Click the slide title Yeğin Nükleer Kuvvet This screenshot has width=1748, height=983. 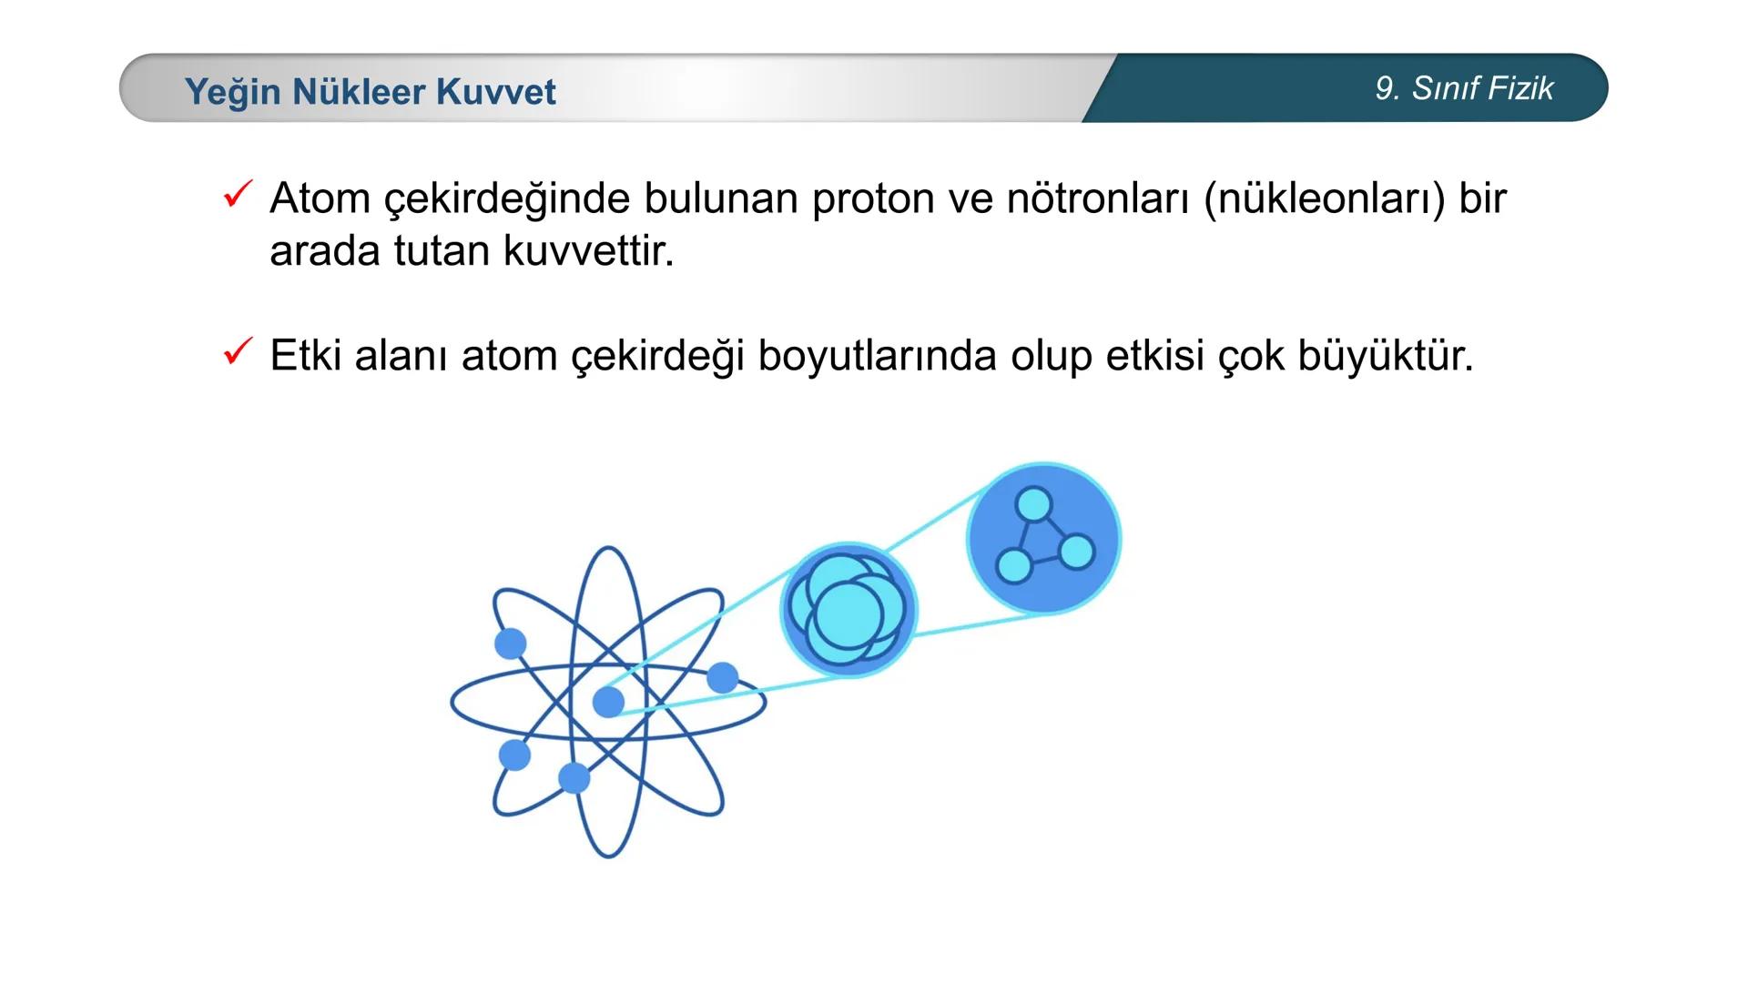(x=370, y=92)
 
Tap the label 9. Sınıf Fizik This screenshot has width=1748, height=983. (x=1464, y=88)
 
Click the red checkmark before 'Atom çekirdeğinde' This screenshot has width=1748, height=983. (x=237, y=194)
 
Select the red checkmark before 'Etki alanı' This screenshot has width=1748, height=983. (x=237, y=351)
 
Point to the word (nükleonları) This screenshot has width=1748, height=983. (x=1324, y=199)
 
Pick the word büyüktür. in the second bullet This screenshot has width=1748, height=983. (x=1385, y=356)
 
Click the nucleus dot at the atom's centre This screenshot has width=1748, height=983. (x=608, y=702)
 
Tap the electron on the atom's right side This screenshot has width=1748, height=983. (x=723, y=677)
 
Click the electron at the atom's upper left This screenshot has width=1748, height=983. (x=511, y=644)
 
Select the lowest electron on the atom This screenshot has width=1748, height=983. (x=574, y=778)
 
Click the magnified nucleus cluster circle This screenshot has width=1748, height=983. (x=848, y=610)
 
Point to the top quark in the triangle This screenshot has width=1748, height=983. (x=1033, y=503)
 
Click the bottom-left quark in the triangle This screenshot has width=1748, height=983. (x=1013, y=566)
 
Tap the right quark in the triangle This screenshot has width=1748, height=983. (x=1077, y=552)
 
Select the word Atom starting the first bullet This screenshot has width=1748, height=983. (x=320, y=199)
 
